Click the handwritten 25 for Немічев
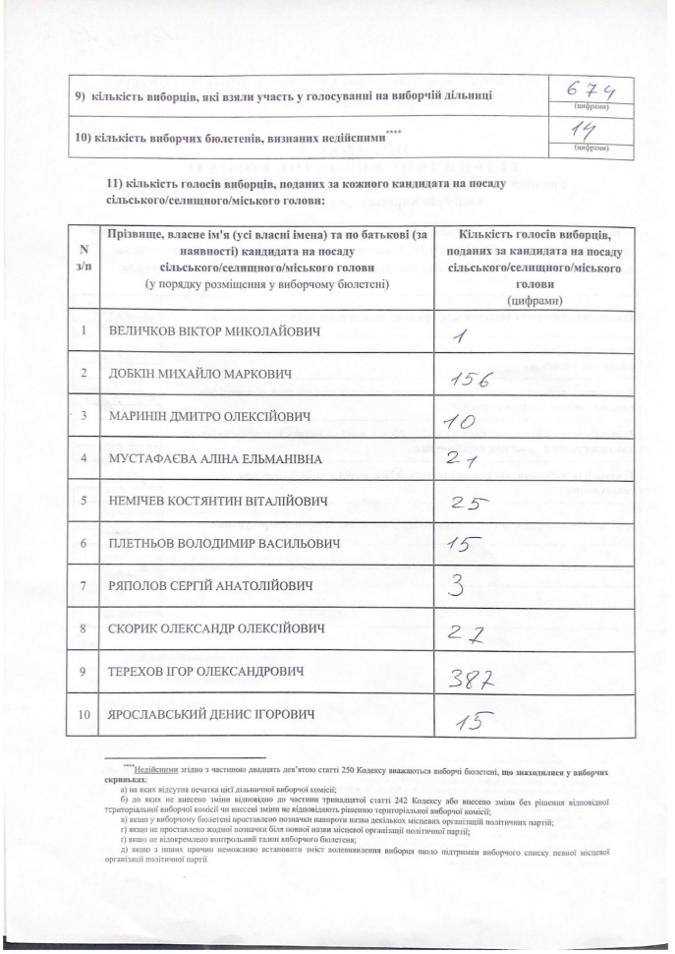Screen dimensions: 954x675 tap(470, 504)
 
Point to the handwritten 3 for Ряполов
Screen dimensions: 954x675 tap(456, 587)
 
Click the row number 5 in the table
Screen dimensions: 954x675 tap(84, 501)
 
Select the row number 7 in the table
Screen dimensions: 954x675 tap(84, 586)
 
